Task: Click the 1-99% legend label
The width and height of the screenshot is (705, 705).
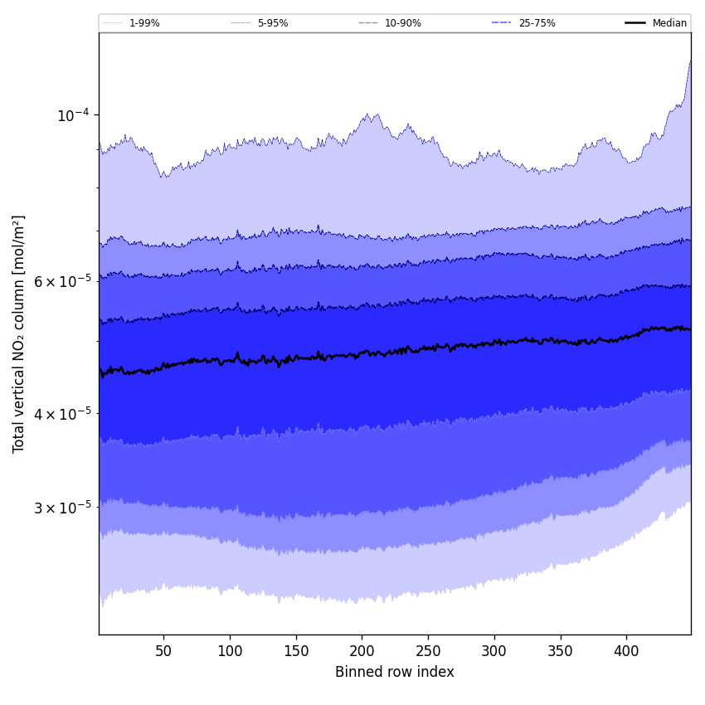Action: pyautogui.click(x=144, y=23)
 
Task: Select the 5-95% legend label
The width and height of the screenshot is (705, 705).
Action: pyautogui.click(x=273, y=23)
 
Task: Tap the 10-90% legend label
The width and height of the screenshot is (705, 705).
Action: pyautogui.click(x=403, y=23)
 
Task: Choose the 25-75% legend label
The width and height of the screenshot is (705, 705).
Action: pyautogui.click(x=537, y=23)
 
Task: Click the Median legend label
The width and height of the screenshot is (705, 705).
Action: pyautogui.click(x=669, y=23)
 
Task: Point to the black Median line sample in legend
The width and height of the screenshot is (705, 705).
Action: pyautogui.click(x=635, y=23)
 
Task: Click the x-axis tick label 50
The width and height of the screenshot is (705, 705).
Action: pyautogui.click(x=164, y=651)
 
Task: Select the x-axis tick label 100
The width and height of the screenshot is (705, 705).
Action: pyautogui.click(x=230, y=651)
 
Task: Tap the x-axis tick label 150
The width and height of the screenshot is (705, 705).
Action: pyautogui.click(x=296, y=651)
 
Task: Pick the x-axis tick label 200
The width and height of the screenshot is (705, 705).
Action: pyautogui.click(x=362, y=651)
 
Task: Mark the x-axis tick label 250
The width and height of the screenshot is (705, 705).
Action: pyautogui.click(x=428, y=651)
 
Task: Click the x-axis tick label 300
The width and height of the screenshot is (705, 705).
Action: pyautogui.click(x=494, y=651)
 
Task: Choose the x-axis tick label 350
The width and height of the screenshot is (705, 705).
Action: pyautogui.click(x=561, y=651)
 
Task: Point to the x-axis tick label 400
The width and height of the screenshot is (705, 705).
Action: pyautogui.click(x=626, y=651)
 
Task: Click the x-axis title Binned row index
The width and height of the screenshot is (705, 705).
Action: pyautogui.click(x=395, y=673)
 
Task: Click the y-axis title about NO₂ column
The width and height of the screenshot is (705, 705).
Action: pyautogui.click(x=19, y=334)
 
